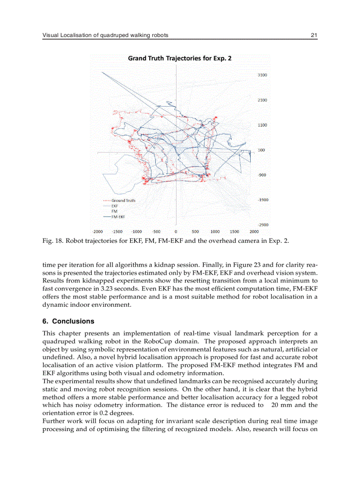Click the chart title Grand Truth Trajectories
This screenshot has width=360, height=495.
coord(180,58)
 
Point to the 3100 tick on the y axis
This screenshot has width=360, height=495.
coord(262,75)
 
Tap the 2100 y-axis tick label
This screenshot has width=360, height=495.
coord(262,100)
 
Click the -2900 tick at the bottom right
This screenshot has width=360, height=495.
coord(263,225)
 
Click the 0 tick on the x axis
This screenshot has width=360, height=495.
coord(176,231)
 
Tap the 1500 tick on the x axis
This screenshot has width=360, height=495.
coord(234,231)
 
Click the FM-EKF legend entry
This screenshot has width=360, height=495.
coord(118,217)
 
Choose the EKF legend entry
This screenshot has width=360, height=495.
coord(114,206)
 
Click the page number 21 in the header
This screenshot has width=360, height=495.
coord(314,35)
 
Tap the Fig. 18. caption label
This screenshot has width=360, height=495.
coord(51,241)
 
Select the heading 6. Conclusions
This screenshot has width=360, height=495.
coord(68,321)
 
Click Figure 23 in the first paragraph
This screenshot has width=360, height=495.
coord(247,265)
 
